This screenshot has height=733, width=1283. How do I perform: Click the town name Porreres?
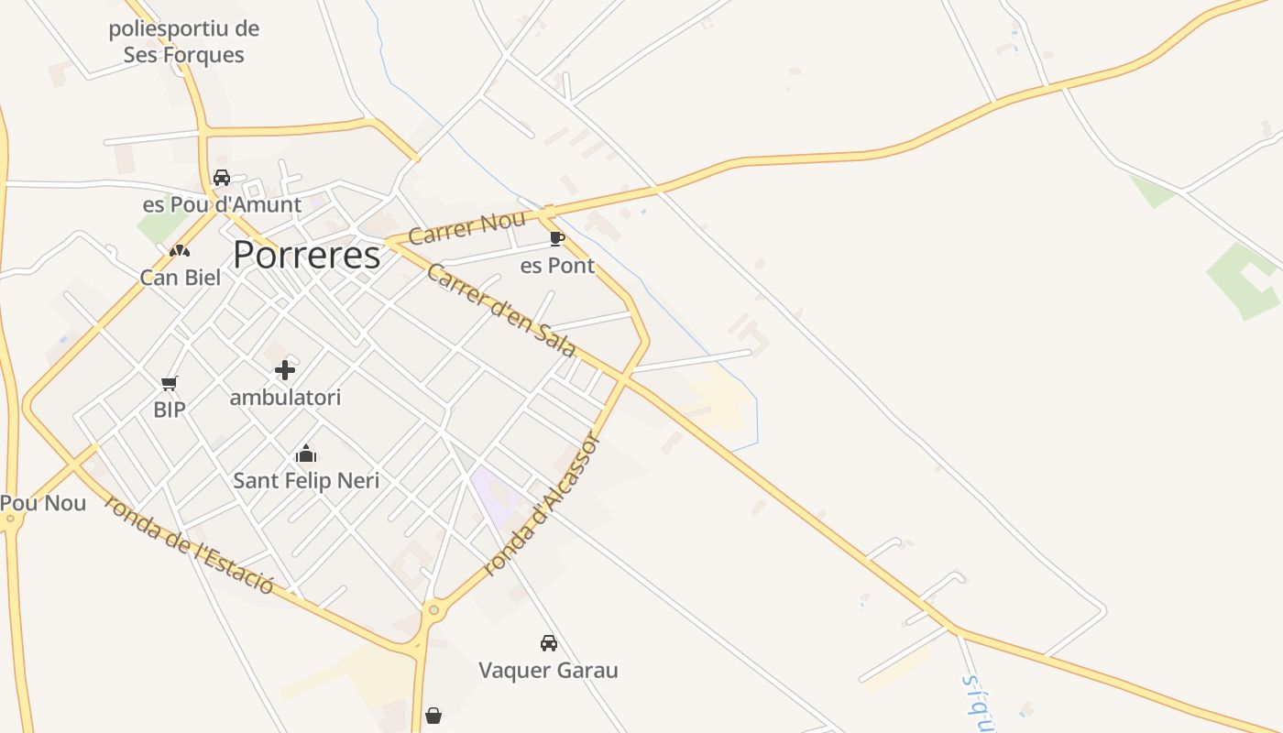pyautogui.click(x=306, y=255)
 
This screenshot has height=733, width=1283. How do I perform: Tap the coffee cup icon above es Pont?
pyautogui.click(x=556, y=239)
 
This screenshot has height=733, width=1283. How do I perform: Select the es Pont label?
pyautogui.click(x=557, y=266)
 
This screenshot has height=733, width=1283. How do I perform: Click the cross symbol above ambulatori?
pyautogui.click(x=285, y=370)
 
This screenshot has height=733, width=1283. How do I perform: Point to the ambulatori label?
pyautogui.click(x=285, y=398)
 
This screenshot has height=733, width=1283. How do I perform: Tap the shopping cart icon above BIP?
pyautogui.click(x=169, y=383)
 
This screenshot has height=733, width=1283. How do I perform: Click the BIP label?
pyautogui.click(x=170, y=410)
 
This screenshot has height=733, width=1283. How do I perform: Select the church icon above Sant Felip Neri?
pyautogui.click(x=306, y=454)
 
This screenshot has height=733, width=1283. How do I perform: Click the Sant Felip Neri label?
pyautogui.click(x=306, y=480)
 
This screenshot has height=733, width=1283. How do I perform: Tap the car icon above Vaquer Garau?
pyautogui.click(x=548, y=643)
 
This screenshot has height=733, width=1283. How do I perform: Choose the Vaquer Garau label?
pyautogui.click(x=548, y=671)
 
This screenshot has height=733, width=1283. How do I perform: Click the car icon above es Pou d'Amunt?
pyautogui.click(x=222, y=178)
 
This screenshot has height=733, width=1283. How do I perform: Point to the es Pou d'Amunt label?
pyautogui.click(x=222, y=204)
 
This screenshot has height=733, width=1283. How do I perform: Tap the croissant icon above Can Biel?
pyautogui.click(x=180, y=250)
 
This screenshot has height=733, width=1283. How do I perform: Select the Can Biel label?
pyautogui.click(x=181, y=277)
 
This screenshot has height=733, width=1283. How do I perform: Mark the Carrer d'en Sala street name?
pyautogui.click(x=500, y=311)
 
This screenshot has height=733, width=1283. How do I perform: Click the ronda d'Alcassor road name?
pyautogui.click(x=542, y=505)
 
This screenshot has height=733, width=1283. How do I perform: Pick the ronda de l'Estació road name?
pyautogui.click(x=190, y=544)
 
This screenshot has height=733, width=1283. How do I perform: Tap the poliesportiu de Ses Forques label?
pyautogui.click(x=184, y=42)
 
